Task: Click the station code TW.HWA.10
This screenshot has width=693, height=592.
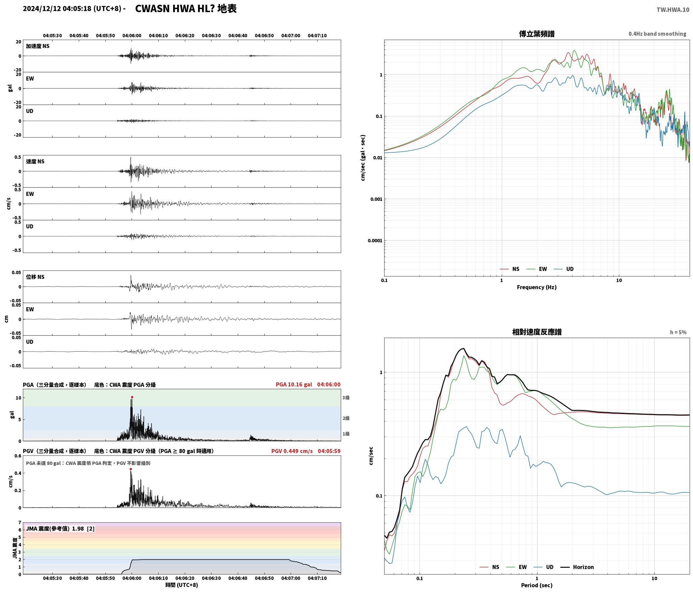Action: [672, 10]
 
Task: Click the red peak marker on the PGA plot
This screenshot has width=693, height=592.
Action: [132, 397]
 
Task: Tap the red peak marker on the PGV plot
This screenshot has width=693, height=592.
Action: [131, 469]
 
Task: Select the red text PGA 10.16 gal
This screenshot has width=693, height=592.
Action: [294, 384]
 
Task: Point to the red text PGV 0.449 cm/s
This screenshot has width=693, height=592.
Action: [292, 451]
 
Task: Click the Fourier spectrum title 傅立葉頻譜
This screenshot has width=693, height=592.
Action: [536, 34]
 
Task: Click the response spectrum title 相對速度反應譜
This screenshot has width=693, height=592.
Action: [536, 332]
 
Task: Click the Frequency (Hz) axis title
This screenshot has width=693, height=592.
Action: [536, 287]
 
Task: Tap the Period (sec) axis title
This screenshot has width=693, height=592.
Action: [536, 585]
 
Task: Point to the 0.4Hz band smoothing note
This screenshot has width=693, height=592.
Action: [657, 34]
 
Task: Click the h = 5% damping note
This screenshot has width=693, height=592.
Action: [678, 332]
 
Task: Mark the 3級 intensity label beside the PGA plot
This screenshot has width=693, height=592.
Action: [346, 398]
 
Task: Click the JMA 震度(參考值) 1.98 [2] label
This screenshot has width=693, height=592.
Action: [60, 529]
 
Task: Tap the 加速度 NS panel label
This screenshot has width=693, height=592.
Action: [38, 46]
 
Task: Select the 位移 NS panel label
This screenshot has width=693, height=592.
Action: [35, 277]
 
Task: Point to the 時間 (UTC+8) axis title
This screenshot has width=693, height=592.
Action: [181, 585]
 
